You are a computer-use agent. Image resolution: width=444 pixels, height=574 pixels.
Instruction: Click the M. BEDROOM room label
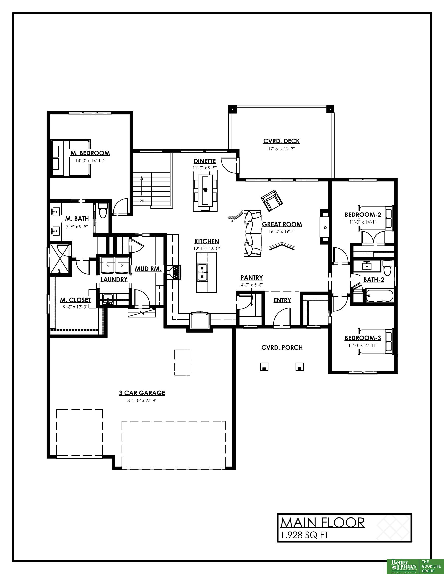[x=90, y=153]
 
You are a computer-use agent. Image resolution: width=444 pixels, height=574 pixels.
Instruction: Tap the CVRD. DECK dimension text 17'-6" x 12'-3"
[x=281, y=149]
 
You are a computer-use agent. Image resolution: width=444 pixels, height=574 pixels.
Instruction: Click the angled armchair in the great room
[x=272, y=200]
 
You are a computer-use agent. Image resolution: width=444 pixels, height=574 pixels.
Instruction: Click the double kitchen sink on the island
[x=202, y=272]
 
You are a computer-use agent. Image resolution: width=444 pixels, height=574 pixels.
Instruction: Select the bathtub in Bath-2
[x=378, y=296]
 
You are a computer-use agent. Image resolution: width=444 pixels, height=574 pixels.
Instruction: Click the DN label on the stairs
[x=142, y=201]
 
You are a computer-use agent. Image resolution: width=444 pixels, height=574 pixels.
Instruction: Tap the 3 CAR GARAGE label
[x=142, y=393]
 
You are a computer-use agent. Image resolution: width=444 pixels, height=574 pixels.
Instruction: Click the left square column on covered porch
[x=264, y=367]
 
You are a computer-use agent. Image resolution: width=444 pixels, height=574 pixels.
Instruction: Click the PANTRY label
[x=252, y=278]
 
